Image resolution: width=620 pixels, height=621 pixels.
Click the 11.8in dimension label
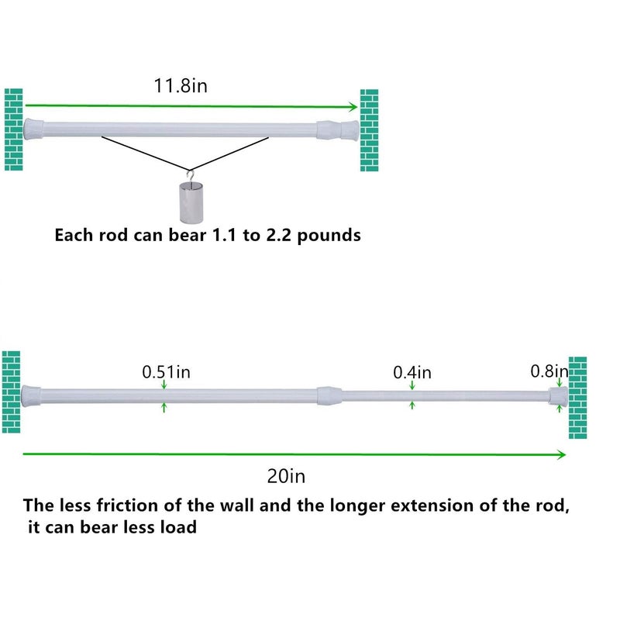click(x=181, y=86)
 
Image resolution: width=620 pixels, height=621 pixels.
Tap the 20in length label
click(x=286, y=476)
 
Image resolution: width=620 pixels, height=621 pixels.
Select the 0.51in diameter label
click(x=167, y=372)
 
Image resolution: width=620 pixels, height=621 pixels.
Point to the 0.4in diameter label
click(x=412, y=373)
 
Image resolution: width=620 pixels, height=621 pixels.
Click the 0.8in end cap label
click(x=549, y=371)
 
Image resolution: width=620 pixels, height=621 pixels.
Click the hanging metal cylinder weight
click(x=191, y=202)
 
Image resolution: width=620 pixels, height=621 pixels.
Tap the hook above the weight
click(x=191, y=176)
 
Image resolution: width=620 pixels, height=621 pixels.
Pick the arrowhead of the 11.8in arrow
click(x=353, y=106)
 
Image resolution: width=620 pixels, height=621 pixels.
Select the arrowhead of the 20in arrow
click(x=561, y=454)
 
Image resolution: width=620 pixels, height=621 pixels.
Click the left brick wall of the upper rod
click(x=13, y=129)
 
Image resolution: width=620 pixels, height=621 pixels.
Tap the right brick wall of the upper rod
click(x=369, y=130)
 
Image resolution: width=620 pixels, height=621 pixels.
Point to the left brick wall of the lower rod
click(x=11, y=392)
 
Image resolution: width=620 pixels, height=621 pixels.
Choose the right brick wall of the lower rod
click(x=577, y=398)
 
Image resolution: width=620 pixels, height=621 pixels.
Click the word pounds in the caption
click(x=329, y=236)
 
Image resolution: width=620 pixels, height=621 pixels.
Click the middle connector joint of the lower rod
click(x=329, y=395)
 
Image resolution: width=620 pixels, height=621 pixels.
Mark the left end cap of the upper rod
click(x=33, y=129)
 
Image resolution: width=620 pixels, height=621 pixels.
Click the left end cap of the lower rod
click(x=31, y=396)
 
